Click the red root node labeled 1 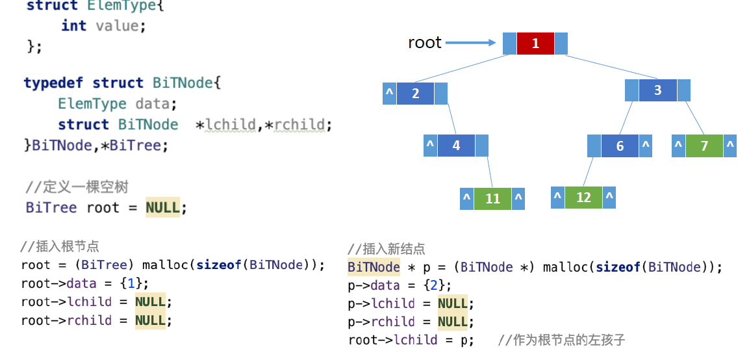click(x=535, y=44)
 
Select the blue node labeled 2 click(x=415, y=93)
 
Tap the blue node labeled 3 click(x=657, y=90)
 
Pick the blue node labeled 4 click(x=455, y=146)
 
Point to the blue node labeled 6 click(x=620, y=146)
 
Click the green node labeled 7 click(x=704, y=146)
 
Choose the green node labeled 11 click(x=492, y=198)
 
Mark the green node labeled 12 click(x=583, y=197)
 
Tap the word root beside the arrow click(x=424, y=43)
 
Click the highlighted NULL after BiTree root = click(x=162, y=207)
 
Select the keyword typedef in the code click(x=55, y=83)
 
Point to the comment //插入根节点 click(x=59, y=246)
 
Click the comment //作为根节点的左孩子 click(x=561, y=340)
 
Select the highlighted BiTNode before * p click(x=374, y=266)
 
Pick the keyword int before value click(x=73, y=25)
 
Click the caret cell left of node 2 click(x=389, y=93)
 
